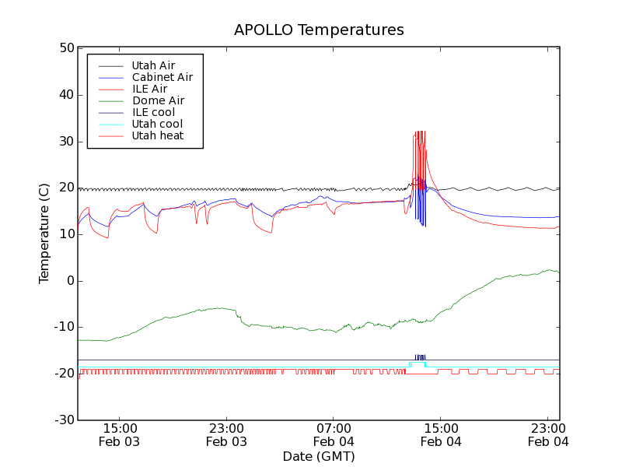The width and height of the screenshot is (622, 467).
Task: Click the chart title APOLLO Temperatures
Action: point(319,30)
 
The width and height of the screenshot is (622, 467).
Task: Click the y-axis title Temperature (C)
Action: point(44,233)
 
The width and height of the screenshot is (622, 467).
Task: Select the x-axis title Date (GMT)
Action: point(319,456)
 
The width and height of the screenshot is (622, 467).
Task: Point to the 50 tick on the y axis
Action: point(66,48)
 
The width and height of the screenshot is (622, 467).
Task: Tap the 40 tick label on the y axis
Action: point(66,95)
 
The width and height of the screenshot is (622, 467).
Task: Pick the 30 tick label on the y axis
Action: point(66,142)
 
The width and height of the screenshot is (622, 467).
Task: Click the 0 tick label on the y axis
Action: point(70,281)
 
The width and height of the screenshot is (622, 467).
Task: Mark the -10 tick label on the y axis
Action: point(64,327)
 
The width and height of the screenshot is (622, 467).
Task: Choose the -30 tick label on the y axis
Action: point(64,420)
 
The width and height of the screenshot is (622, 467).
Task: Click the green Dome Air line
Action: point(194,311)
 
